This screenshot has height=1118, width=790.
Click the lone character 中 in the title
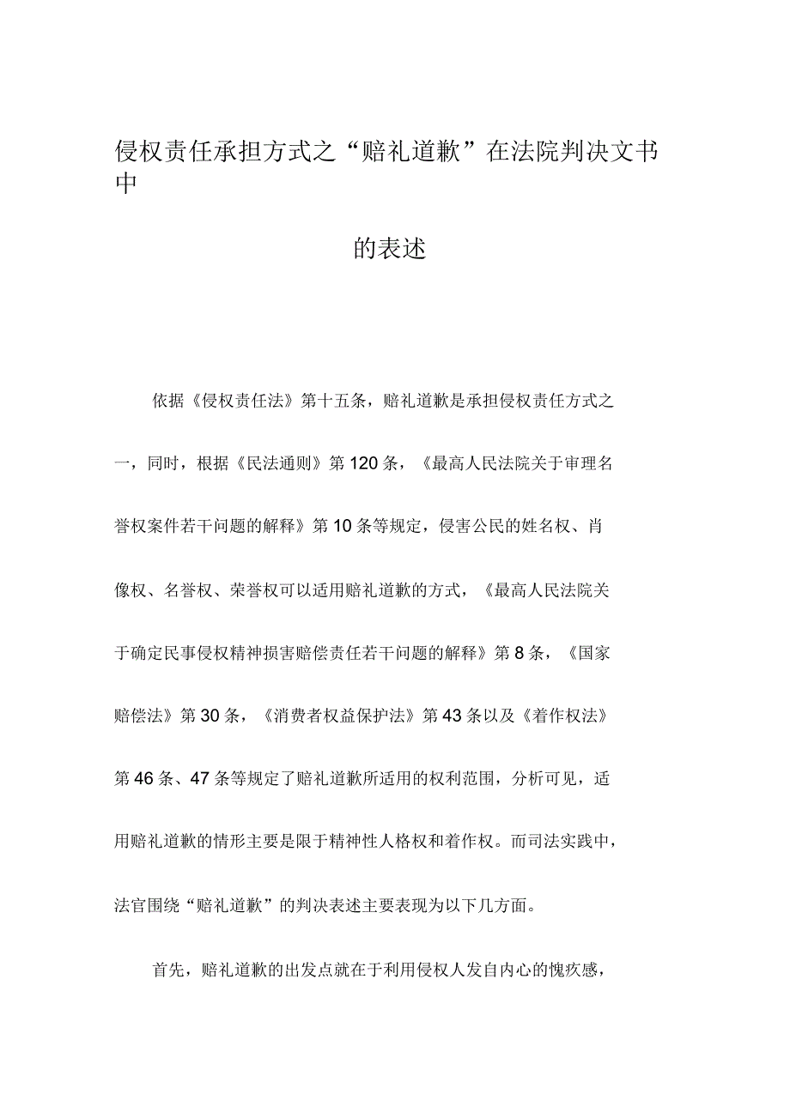point(127,184)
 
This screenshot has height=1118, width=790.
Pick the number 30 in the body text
point(210,716)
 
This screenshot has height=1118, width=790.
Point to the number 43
point(452,716)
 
